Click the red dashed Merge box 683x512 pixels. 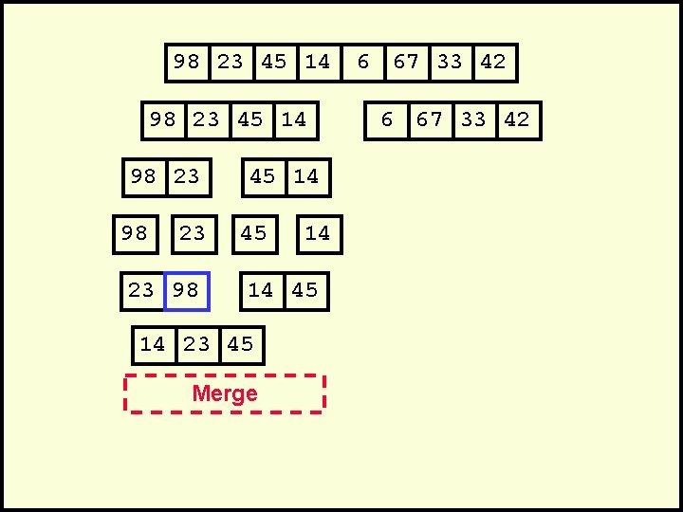click(225, 393)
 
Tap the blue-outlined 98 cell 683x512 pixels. click(186, 291)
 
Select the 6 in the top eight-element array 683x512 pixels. click(362, 63)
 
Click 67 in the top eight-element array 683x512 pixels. click(406, 63)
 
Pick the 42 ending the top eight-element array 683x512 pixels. click(493, 63)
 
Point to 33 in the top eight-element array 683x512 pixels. click(450, 63)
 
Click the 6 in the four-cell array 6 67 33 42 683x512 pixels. click(386, 120)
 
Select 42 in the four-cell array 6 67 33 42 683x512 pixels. click(517, 120)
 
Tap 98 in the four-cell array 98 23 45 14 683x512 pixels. click(163, 120)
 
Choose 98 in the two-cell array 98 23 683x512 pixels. click(143, 177)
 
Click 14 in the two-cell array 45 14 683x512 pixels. click(306, 177)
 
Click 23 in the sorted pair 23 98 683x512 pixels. click(141, 291)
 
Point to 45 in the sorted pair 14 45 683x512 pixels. click(305, 291)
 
